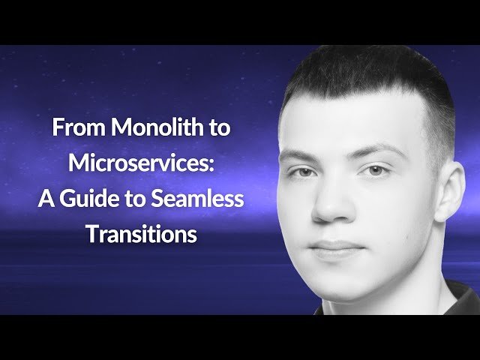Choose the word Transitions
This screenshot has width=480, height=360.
[140, 234]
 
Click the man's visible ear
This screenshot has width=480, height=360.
[448, 191]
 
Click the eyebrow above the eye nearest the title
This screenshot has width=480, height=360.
[297, 155]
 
